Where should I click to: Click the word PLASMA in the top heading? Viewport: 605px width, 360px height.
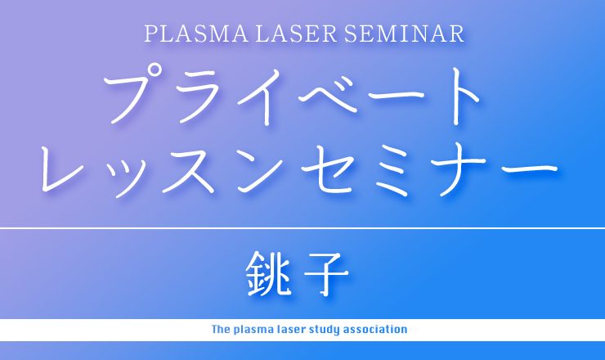[x=196, y=34]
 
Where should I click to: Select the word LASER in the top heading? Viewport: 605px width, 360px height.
[x=296, y=34]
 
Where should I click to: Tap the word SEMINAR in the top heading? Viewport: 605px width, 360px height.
[x=404, y=34]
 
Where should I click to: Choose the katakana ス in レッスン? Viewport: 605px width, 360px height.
[x=188, y=170]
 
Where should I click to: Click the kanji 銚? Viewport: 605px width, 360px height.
[x=268, y=273]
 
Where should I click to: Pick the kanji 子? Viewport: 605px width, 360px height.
[x=327, y=274]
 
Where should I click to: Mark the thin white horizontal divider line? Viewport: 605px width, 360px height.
[x=302, y=228]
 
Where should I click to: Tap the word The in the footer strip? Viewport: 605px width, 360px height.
[x=221, y=330]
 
